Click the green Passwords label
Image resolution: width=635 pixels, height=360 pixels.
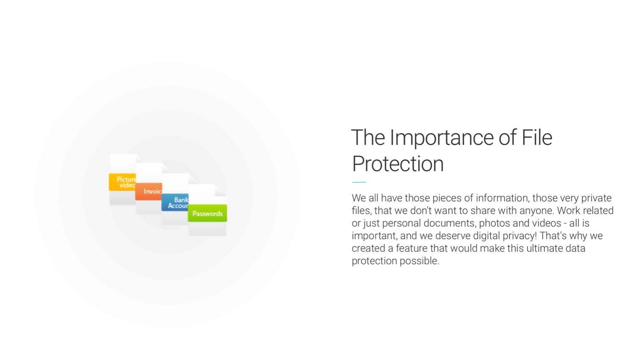(x=207, y=213)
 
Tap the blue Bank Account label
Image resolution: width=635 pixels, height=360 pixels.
(x=175, y=202)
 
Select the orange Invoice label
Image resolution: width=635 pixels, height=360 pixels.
(x=149, y=191)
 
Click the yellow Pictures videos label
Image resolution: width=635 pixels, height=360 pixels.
(x=122, y=182)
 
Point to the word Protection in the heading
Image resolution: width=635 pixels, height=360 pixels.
(x=398, y=164)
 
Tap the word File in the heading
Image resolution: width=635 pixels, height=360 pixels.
(x=537, y=137)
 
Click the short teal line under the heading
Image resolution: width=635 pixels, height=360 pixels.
(x=359, y=182)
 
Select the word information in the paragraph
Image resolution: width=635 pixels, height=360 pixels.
(x=502, y=198)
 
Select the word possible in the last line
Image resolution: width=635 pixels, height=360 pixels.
(x=419, y=261)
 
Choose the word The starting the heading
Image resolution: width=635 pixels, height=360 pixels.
(x=368, y=137)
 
